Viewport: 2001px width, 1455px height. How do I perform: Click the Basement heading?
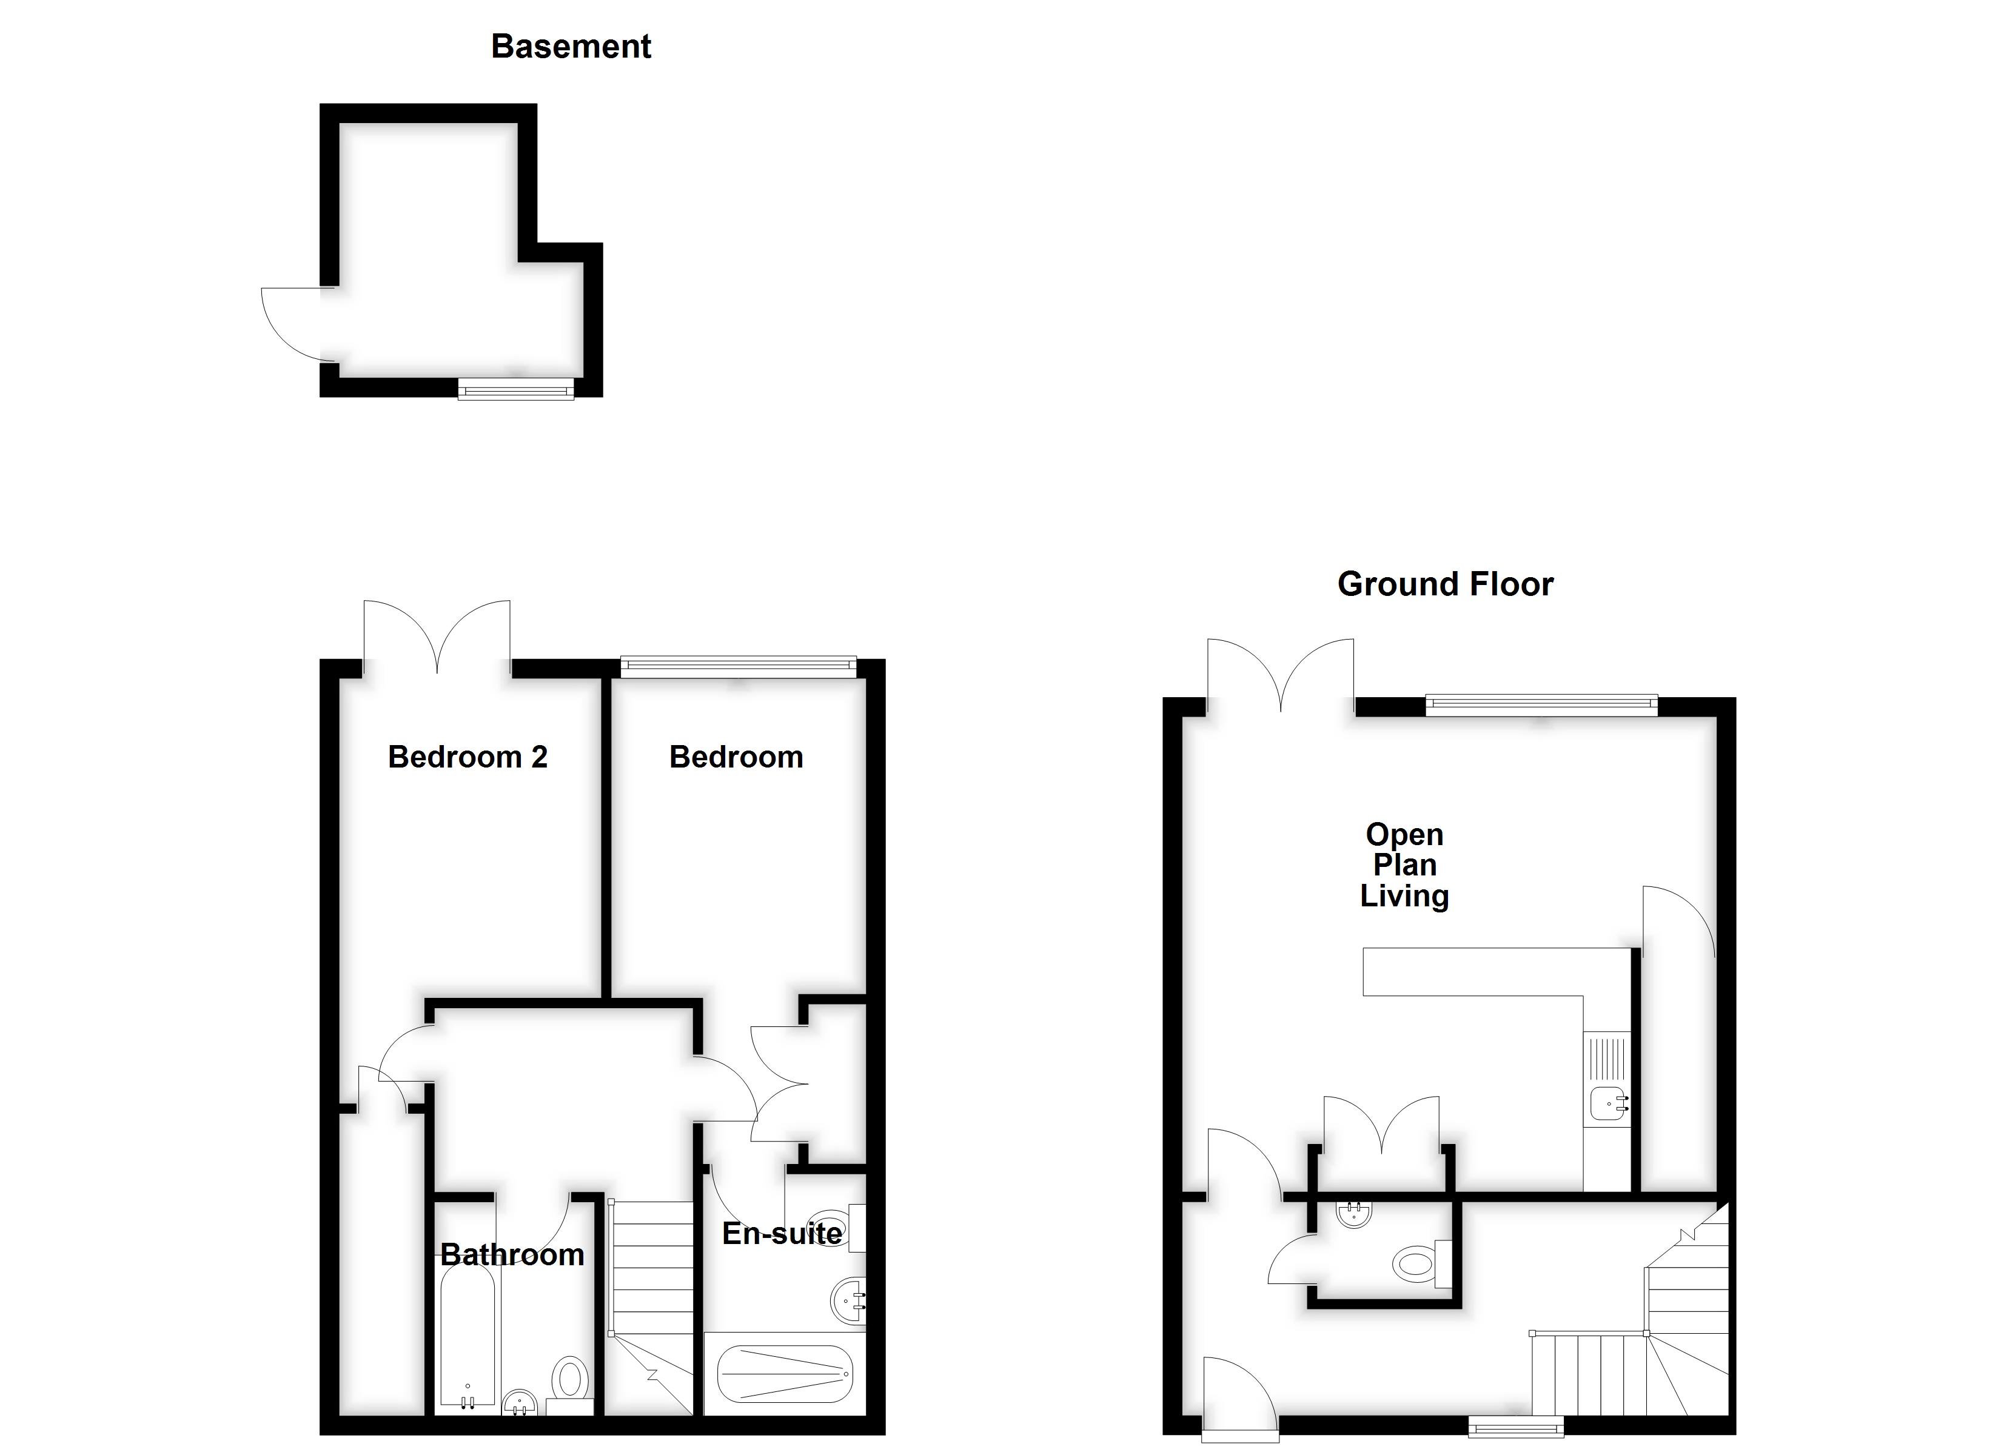[571, 47]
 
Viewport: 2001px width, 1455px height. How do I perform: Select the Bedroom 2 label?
[468, 757]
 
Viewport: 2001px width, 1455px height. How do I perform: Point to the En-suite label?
[782, 1234]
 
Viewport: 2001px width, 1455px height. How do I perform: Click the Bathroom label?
[512, 1255]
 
